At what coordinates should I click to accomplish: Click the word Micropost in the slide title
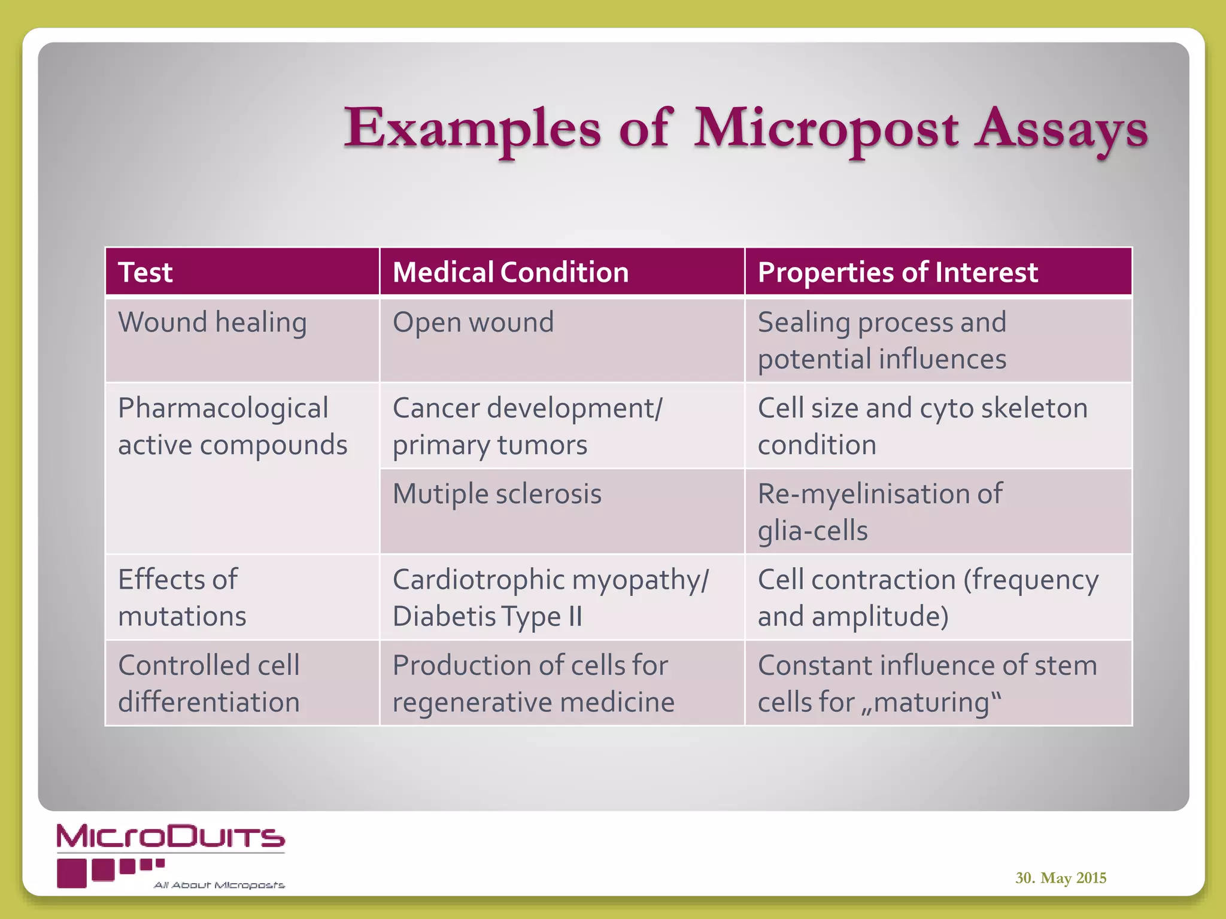pos(826,129)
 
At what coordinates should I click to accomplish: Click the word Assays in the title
pos(1061,129)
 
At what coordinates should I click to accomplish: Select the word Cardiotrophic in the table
pos(478,580)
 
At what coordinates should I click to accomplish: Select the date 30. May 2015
pos(1060,878)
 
